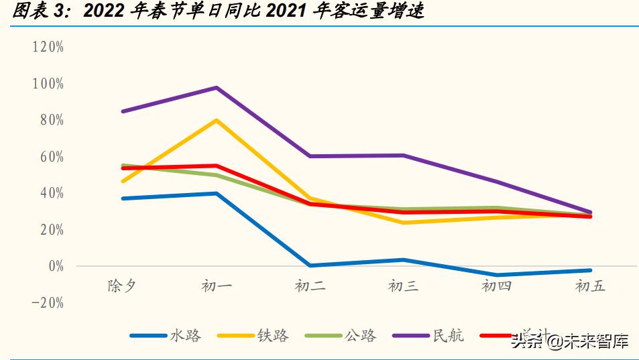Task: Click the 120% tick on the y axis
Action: [x=48, y=47]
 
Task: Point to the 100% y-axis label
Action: [x=48, y=84]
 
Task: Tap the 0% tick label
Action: [x=52, y=266]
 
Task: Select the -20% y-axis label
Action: [x=48, y=303]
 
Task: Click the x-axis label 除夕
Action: [x=122, y=286]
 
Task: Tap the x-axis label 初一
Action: [x=216, y=286]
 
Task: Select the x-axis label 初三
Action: [x=403, y=286]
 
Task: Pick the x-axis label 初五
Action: [x=590, y=286]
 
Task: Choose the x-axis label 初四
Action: [x=497, y=286]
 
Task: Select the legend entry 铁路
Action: [x=273, y=336]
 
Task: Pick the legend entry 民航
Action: [x=448, y=336]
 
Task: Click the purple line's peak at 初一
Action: [x=217, y=88]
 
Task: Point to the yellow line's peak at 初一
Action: [x=217, y=120]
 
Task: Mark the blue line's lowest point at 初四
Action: [x=497, y=275]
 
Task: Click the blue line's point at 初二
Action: [x=310, y=265]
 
